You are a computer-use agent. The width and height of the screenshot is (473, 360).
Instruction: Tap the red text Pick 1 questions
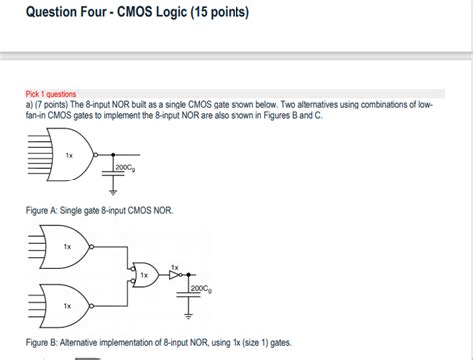pyautogui.click(x=45, y=94)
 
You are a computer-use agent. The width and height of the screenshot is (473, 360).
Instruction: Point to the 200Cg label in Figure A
pyautogui.click(x=127, y=165)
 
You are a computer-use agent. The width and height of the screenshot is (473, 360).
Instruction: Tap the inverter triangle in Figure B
pyautogui.click(x=174, y=274)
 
